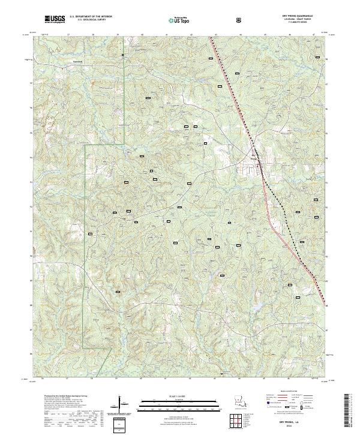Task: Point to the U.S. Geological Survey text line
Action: click(x=91, y=22)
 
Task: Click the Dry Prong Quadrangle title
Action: click(x=304, y=16)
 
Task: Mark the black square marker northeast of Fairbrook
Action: click(x=122, y=55)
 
